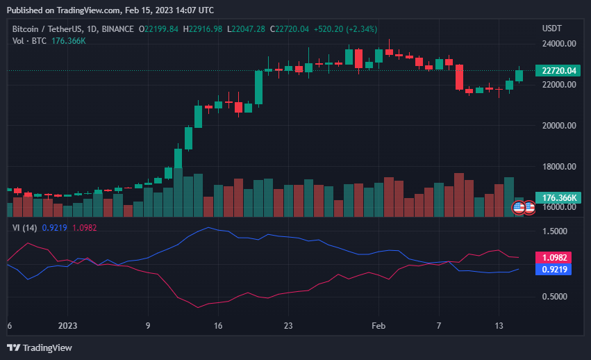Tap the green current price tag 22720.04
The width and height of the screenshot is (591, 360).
coord(558,70)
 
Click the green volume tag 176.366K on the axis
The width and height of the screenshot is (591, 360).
coord(558,198)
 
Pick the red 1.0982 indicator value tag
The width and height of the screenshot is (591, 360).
coord(557,257)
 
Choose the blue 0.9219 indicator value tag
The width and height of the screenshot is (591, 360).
coord(557,269)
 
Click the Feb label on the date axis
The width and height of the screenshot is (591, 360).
coord(378,325)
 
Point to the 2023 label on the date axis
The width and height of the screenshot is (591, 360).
coord(68,325)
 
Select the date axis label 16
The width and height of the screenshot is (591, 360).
coord(218,325)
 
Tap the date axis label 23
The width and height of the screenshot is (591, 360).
coord(289,325)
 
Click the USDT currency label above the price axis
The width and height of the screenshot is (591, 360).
coord(551,28)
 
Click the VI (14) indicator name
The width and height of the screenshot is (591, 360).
coord(25,228)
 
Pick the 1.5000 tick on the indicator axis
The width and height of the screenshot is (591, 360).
coord(554,231)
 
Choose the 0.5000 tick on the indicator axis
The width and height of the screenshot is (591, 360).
coord(554,297)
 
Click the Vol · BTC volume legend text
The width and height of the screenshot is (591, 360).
coord(29,41)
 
